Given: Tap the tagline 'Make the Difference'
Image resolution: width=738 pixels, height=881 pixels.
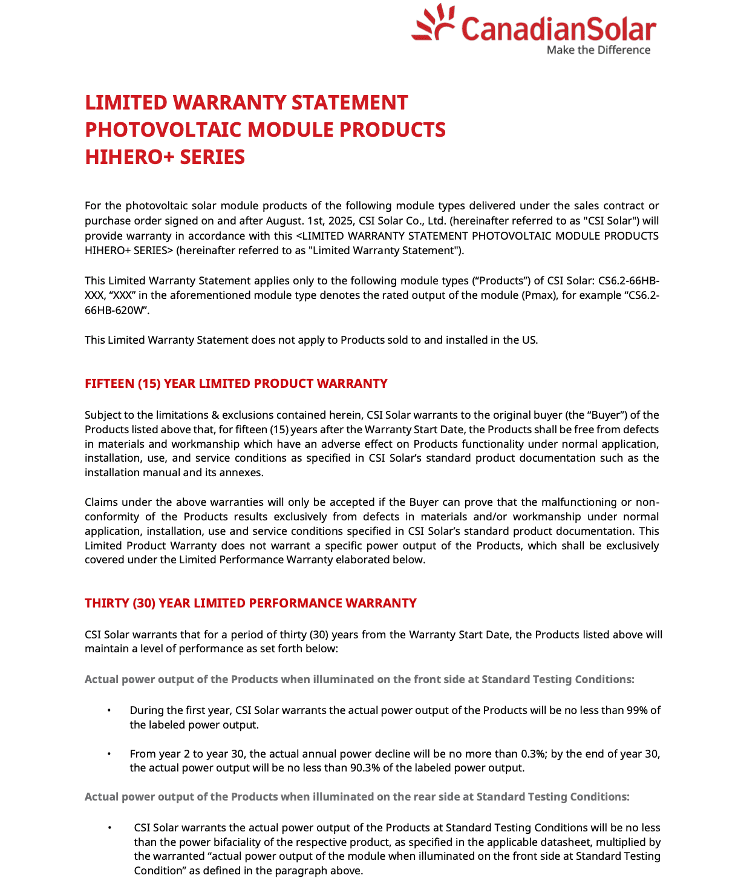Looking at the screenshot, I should pyautogui.click(x=598, y=50).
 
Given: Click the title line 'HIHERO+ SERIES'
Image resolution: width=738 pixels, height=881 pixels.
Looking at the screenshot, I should pyautogui.click(x=165, y=157).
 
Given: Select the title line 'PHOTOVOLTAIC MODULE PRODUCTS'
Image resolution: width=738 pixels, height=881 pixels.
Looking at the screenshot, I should pyautogui.click(x=265, y=129).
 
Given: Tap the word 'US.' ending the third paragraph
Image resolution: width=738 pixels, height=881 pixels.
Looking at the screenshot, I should pyautogui.click(x=529, y=340).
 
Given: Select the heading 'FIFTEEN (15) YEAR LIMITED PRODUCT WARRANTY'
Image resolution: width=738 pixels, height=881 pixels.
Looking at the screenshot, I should pyautogui.click(x=236, y=384).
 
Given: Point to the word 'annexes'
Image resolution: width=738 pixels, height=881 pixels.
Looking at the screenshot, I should pyautogui.click(x=244, y=473).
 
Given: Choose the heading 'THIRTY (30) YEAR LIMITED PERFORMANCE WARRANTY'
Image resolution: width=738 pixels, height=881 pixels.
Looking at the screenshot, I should pyautogui.click(x=250, y=603).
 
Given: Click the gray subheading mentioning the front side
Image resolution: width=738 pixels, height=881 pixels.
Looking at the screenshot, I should pyautogui.click(x=359, y=680).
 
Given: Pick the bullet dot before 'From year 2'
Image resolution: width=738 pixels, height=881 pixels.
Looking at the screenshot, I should pyautogui.click(x=109, y=754).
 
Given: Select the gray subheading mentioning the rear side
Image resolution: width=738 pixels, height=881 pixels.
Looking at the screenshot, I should pyautogui.click(x=357, y=797).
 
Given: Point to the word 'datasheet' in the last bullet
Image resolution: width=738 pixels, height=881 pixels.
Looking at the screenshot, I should pyautogui.click(x=508, y=842).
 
